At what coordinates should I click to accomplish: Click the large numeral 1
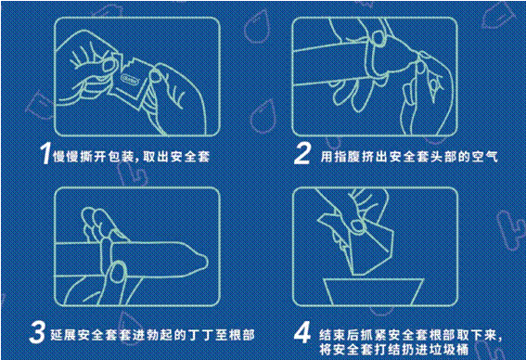(45, 153)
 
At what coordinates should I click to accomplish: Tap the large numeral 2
(302, 153)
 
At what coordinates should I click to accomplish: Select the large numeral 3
(37, 332)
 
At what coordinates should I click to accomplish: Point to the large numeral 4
(302, 332)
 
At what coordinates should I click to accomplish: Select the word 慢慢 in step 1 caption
(67, 157)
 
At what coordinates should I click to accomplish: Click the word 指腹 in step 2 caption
(347, 157)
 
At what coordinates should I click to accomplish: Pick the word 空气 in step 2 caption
(485, 157)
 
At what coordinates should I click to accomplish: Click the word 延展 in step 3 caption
(63, 335)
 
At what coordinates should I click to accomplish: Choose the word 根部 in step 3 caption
(241, 335)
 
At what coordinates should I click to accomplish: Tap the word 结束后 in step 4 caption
(340, 335)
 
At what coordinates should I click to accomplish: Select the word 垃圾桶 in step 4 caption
(448, 349)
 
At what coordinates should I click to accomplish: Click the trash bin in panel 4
(373, 291)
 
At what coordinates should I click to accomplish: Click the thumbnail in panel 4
(357, 225)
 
